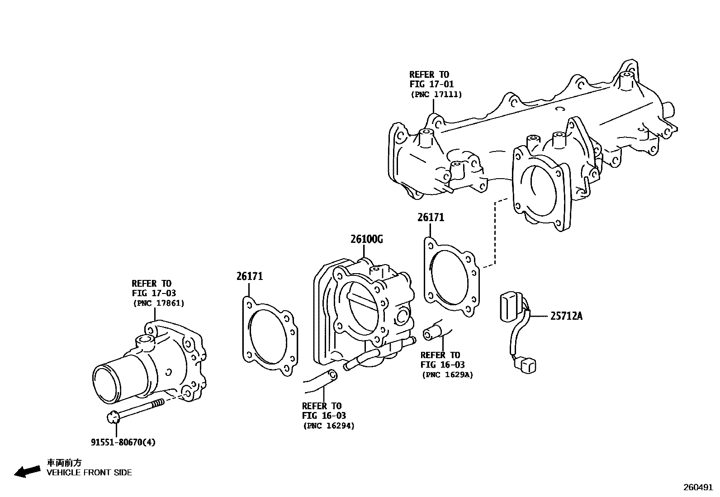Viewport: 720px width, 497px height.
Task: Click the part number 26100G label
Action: point(366,239)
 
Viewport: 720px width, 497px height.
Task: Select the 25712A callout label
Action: point(566,316)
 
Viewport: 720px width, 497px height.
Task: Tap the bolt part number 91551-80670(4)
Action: point(123,442)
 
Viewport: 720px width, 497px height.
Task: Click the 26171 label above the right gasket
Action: point(431,218)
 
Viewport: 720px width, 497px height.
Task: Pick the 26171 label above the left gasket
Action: point(249,276)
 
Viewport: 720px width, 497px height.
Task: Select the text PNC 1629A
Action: point(447,374)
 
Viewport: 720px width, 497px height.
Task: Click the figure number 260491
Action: point(697,488)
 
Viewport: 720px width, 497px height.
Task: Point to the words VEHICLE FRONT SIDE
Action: point(89,473)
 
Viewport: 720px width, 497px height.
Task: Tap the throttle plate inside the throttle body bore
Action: point(362,312)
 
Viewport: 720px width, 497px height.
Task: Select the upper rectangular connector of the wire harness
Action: point(510,307)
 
